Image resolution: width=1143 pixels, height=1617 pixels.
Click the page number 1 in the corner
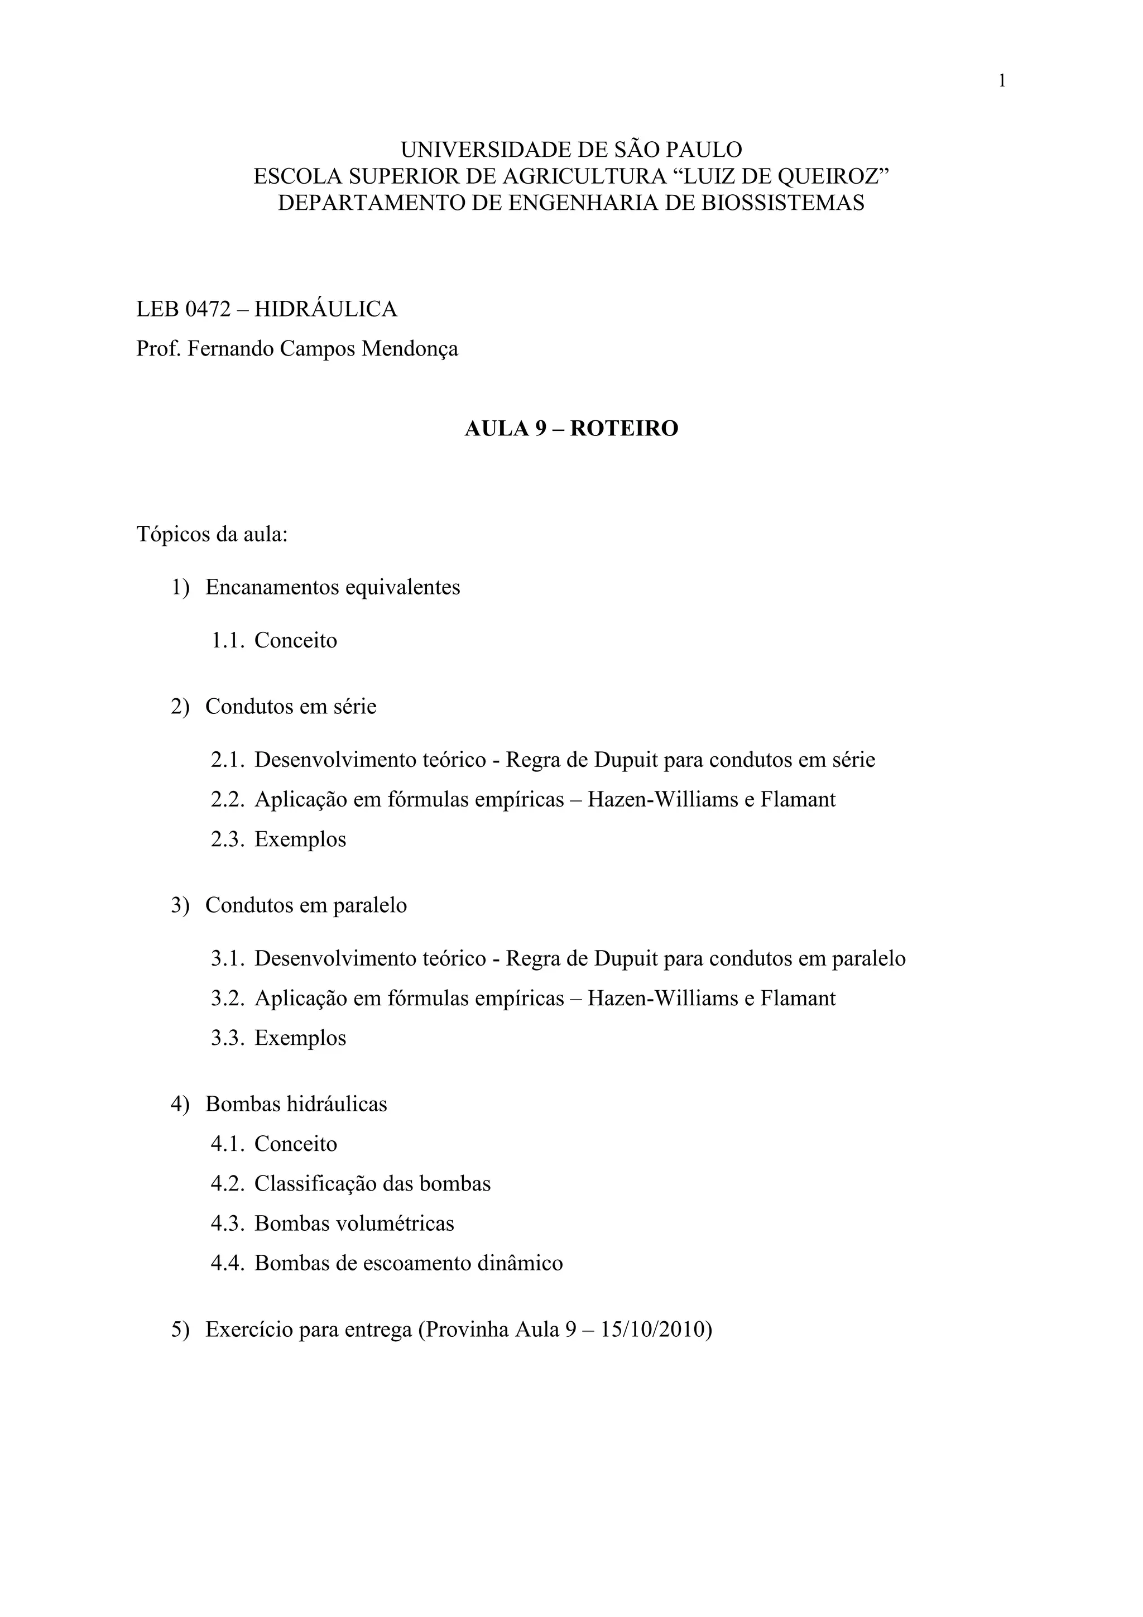(x=1001, y=81)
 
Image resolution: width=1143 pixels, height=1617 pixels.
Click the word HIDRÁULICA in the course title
(x=325, y=309)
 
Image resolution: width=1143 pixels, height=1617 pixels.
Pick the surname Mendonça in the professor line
(x=409, y=349)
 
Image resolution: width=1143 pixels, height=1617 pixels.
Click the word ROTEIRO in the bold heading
(x=623, y=428)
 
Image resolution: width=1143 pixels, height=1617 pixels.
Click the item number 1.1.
(x=228, y=640)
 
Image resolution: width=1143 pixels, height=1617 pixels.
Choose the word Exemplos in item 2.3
(x=300, y=839)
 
